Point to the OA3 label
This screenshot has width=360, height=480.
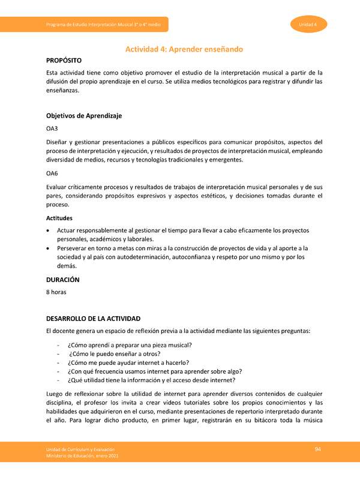[x=52, y=128]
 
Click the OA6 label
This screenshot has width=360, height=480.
[x=52, y=173]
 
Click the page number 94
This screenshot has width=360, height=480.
[x=319, y=449]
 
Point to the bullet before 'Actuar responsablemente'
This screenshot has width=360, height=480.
[x=49, y=230]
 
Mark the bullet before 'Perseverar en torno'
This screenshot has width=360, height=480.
[x=49, y=248]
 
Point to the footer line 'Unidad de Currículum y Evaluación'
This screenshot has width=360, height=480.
[x=81, y=449]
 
